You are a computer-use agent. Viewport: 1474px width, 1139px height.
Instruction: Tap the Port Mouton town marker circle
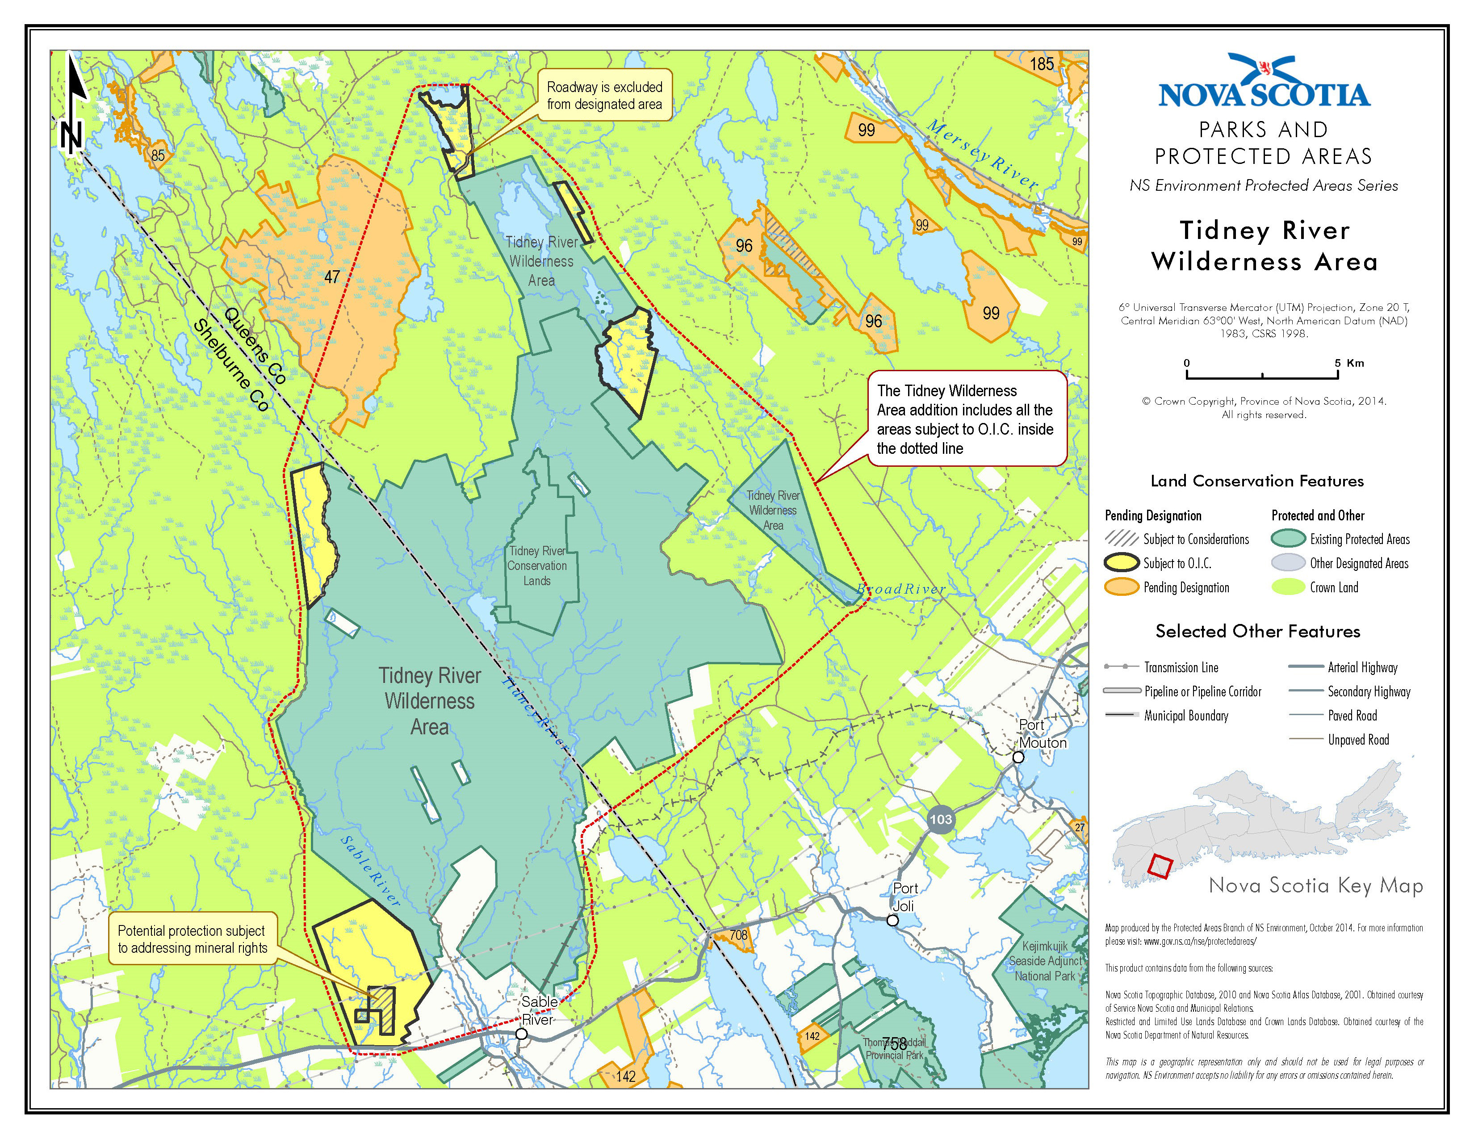click(1018, 757)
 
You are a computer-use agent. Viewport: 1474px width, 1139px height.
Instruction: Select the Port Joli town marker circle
click(892, 921)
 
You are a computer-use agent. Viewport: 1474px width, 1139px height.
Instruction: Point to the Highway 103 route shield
click(940, 820)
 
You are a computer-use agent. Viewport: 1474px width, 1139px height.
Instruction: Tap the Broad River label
click(900, 589)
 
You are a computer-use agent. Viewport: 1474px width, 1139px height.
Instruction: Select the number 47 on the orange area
click(332, 276)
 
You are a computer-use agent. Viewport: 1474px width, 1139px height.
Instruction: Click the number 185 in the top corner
click(1041, 64)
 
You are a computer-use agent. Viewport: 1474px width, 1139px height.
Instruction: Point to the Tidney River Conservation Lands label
click(537, 565)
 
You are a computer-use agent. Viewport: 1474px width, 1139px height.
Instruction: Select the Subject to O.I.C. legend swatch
click(1121, 563)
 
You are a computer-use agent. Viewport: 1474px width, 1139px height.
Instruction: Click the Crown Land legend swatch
click(1288, 587)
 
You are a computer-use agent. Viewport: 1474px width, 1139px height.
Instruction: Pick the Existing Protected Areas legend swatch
click(1288, 539)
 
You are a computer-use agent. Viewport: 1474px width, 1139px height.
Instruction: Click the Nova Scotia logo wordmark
click(1264, 94)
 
